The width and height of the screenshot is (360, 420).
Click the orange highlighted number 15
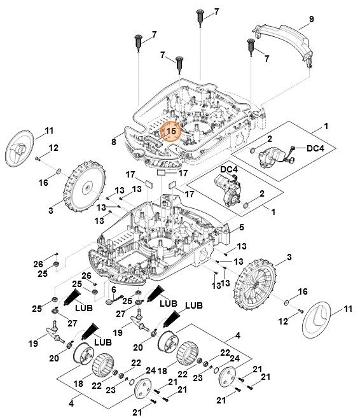[170, 131]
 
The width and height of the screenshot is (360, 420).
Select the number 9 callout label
[311, 20]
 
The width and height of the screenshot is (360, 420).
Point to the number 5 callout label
[241, 227]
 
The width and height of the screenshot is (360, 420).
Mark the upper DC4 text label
[315, 148]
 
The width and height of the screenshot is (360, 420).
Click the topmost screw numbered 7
[200, 16]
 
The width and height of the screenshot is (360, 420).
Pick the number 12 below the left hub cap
[53, 148]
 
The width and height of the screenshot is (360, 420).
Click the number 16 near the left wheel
[44, 183]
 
